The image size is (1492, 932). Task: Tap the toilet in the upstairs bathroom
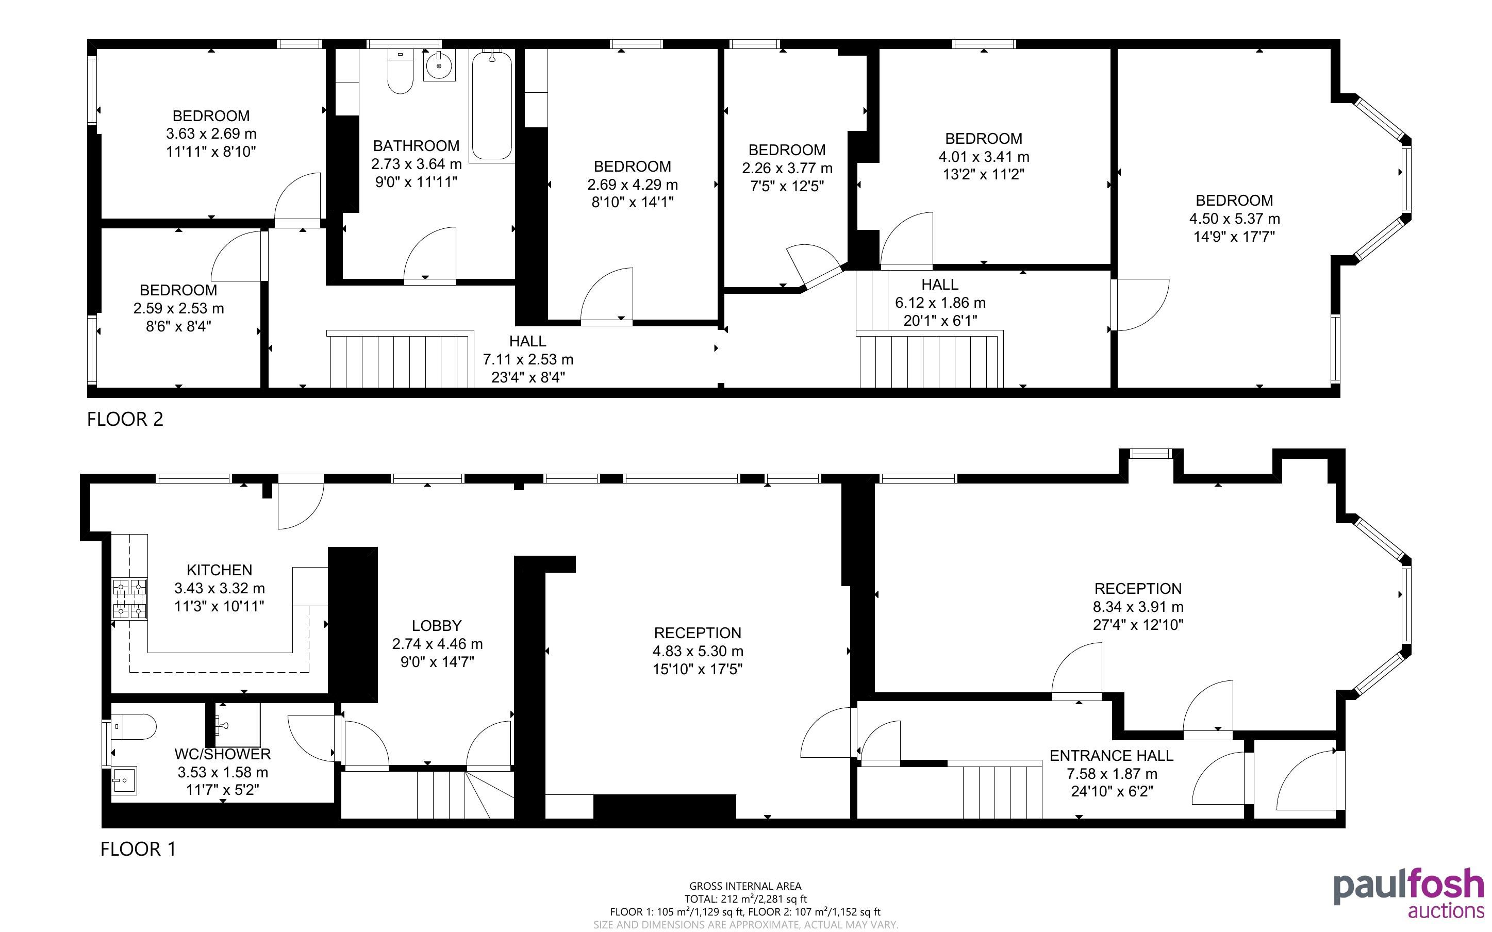pos(400,72)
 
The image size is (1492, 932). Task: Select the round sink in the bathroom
pos(439,66)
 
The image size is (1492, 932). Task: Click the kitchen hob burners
pos(130,598)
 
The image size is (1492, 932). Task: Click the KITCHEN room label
pos(220,570)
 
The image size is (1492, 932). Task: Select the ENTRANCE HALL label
pos(1112,756)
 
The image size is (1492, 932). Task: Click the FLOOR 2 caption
pos(125,419)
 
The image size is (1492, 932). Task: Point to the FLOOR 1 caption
pos(138,849)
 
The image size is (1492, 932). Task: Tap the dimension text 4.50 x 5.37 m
pos(1234,219)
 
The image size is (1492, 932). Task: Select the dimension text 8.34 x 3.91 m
pos(1138,607)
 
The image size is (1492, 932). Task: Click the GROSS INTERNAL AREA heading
pos(745,887)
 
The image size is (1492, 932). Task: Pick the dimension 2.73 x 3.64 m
pos(416,164)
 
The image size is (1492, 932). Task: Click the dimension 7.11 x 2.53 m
pos(528,359)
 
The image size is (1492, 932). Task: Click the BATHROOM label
pos(416,146)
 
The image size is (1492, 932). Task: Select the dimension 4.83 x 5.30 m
pos(698,651)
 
